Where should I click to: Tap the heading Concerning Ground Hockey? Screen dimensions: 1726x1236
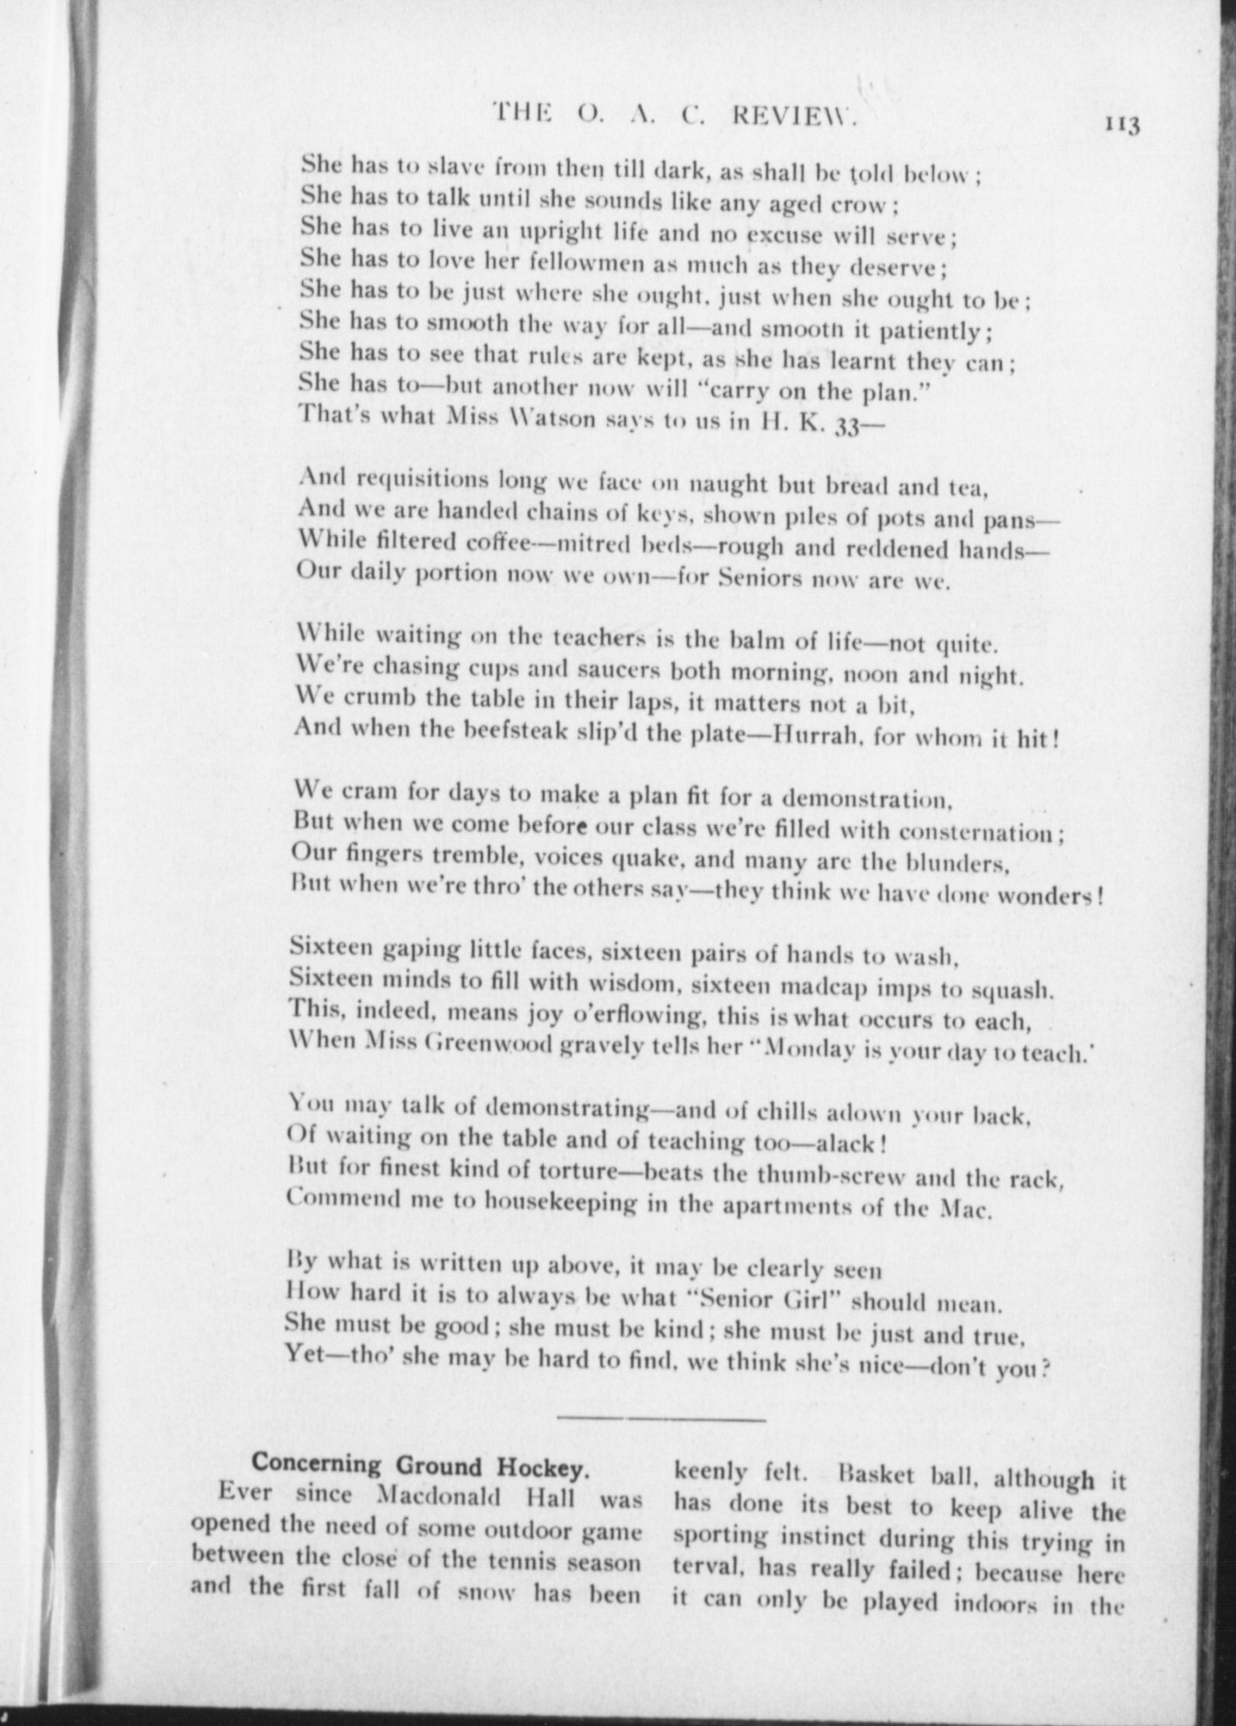420,1465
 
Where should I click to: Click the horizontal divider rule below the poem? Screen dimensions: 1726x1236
662,1417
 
